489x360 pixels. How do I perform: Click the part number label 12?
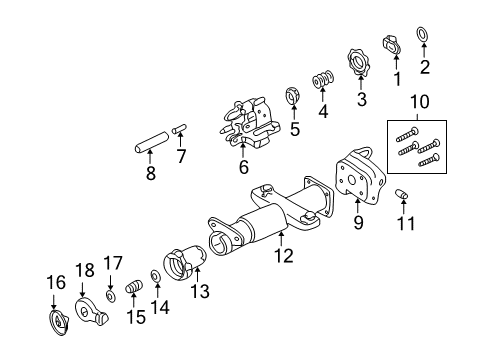click(284, 256)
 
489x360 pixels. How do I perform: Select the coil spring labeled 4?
click(323, 79)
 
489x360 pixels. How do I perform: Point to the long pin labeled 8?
click(151, 143)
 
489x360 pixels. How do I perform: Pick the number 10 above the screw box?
click(420, 102)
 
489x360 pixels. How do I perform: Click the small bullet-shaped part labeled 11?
click(402, 194)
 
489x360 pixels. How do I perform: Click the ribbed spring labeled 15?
click(134, 287)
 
